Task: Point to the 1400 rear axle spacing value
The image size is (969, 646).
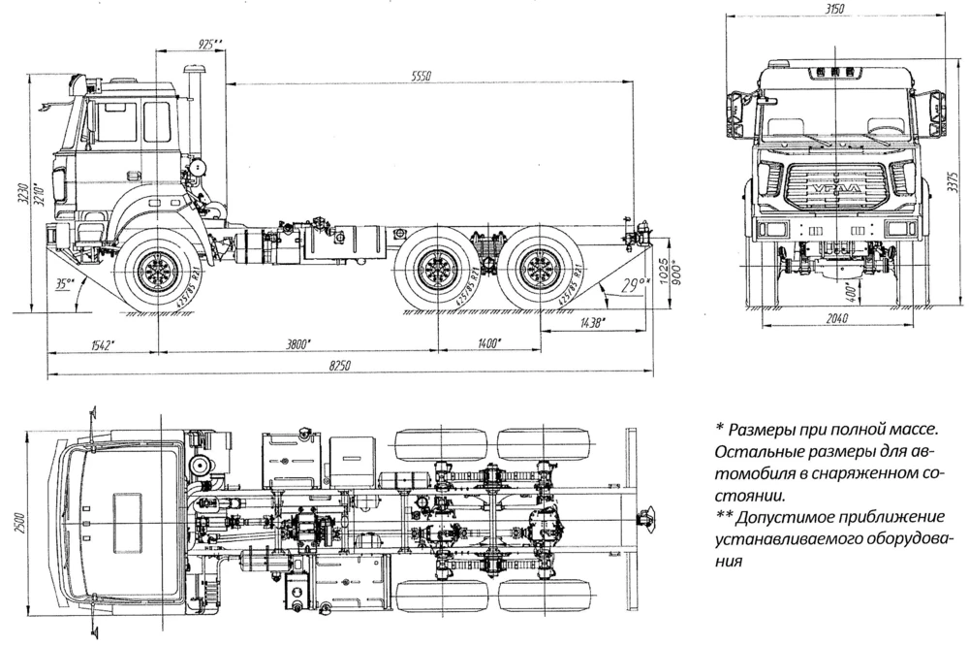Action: (487, 342)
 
